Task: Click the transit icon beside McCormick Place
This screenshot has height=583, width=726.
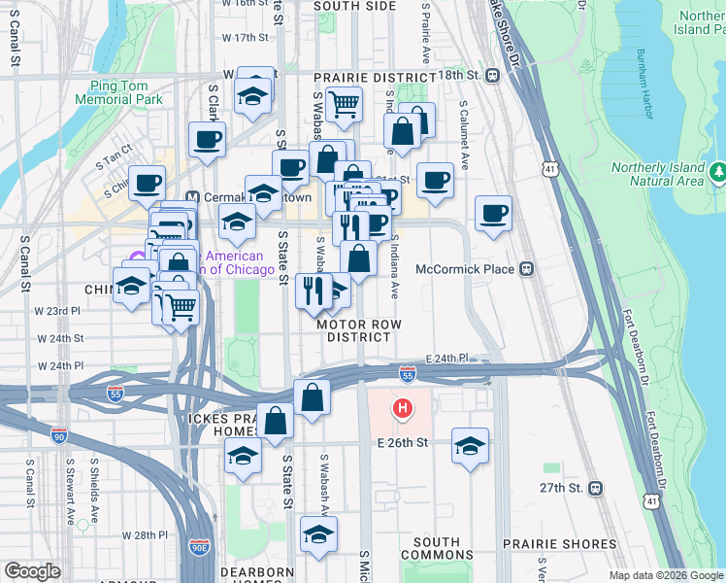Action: tap(527, 269)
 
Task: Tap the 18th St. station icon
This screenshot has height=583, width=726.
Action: tap(493, 76)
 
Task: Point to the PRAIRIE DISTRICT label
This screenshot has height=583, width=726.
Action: tap(375, 77)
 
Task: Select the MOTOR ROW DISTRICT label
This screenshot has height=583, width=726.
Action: tap(358, 330)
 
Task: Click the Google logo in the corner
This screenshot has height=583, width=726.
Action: tap(31, 570)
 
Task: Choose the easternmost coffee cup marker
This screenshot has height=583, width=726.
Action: tap(493, 214)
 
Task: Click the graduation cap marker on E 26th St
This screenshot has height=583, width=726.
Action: tap(470, 446)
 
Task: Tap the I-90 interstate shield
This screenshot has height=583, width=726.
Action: tap(59, 438)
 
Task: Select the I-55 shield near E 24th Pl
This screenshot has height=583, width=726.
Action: tap(408, 373)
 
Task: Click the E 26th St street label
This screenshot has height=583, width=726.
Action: tap(403, 443)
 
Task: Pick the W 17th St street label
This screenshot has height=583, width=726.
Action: tap(244, 38)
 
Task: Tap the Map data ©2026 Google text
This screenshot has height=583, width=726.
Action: tap(665, 575)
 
